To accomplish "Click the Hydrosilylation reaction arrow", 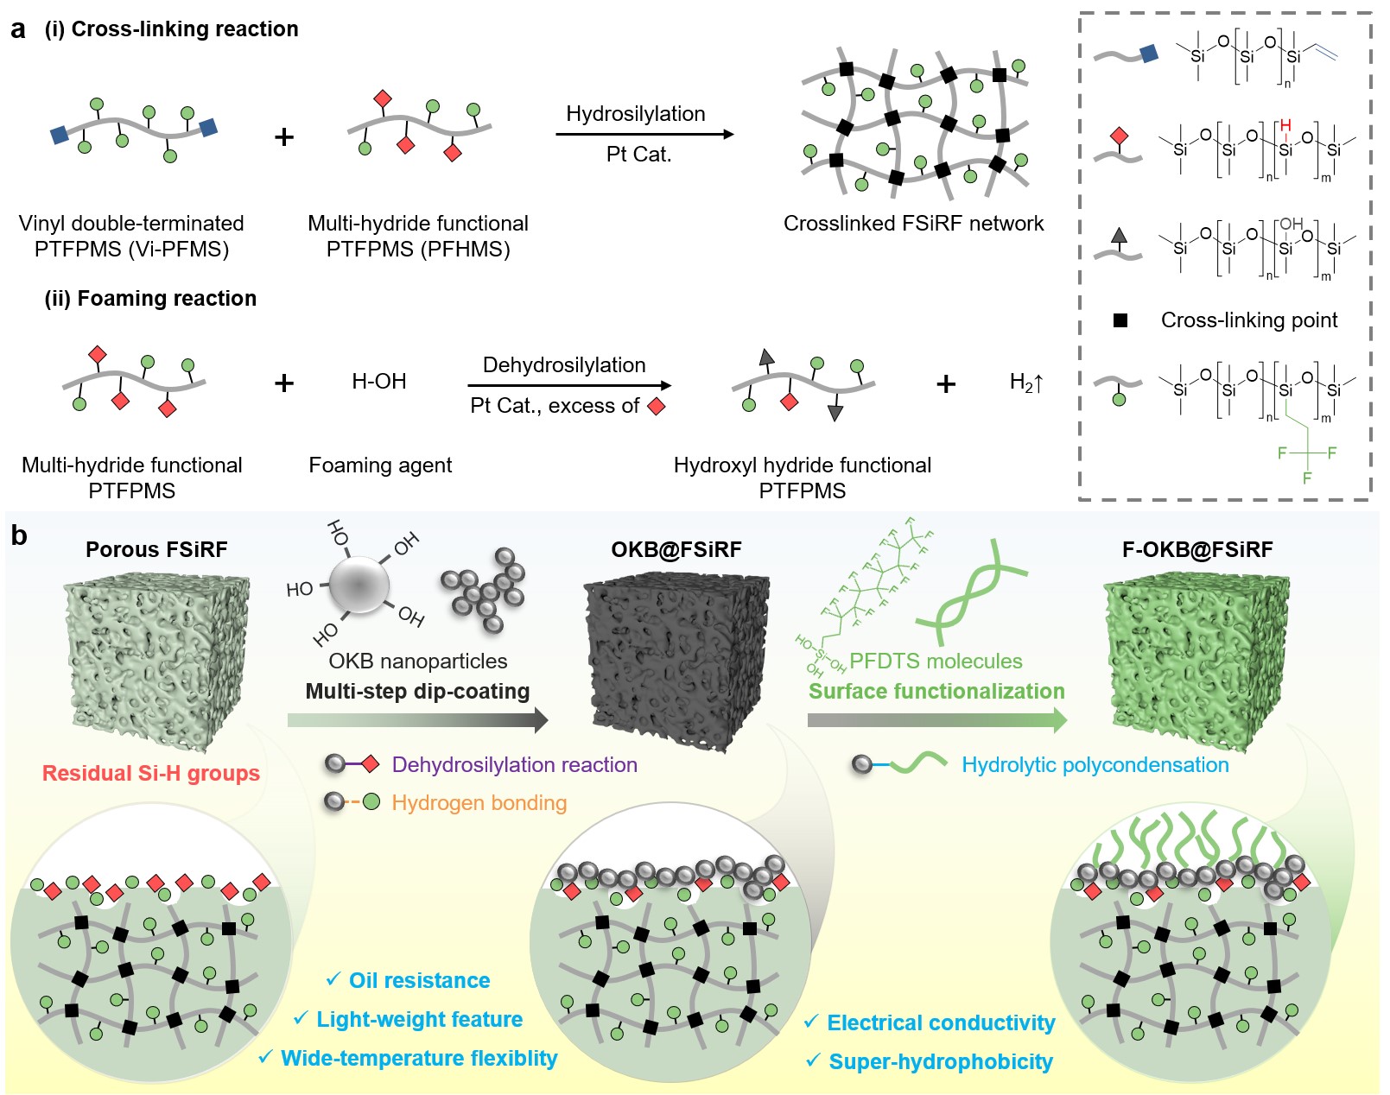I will pyautogui.click(x=644, y=135).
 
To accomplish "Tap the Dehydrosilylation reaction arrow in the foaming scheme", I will pyautogui.click(x=568, y=385).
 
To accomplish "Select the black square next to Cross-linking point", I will pyautogui.click(x=1120, y=320).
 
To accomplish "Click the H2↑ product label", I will pyautogui.click(x=1026, y=383).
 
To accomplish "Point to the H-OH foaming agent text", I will pyautogui.click(x=378, y=382).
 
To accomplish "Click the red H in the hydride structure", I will pyautogui.click(x=1285, y=126).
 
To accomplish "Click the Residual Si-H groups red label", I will pyautogui.click(x=151, y=774).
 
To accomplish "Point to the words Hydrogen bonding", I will pyautogui.click(x=479, y=803).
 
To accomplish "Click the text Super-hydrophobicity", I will pyautogui.click(x=940, y=1062).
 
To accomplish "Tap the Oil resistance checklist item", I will pyautogui.click(x=419, y=981).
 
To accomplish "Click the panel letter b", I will pyautogui.click(x=19, y=536).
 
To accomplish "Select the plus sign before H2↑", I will pyautogui.click(x=946, y=383).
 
